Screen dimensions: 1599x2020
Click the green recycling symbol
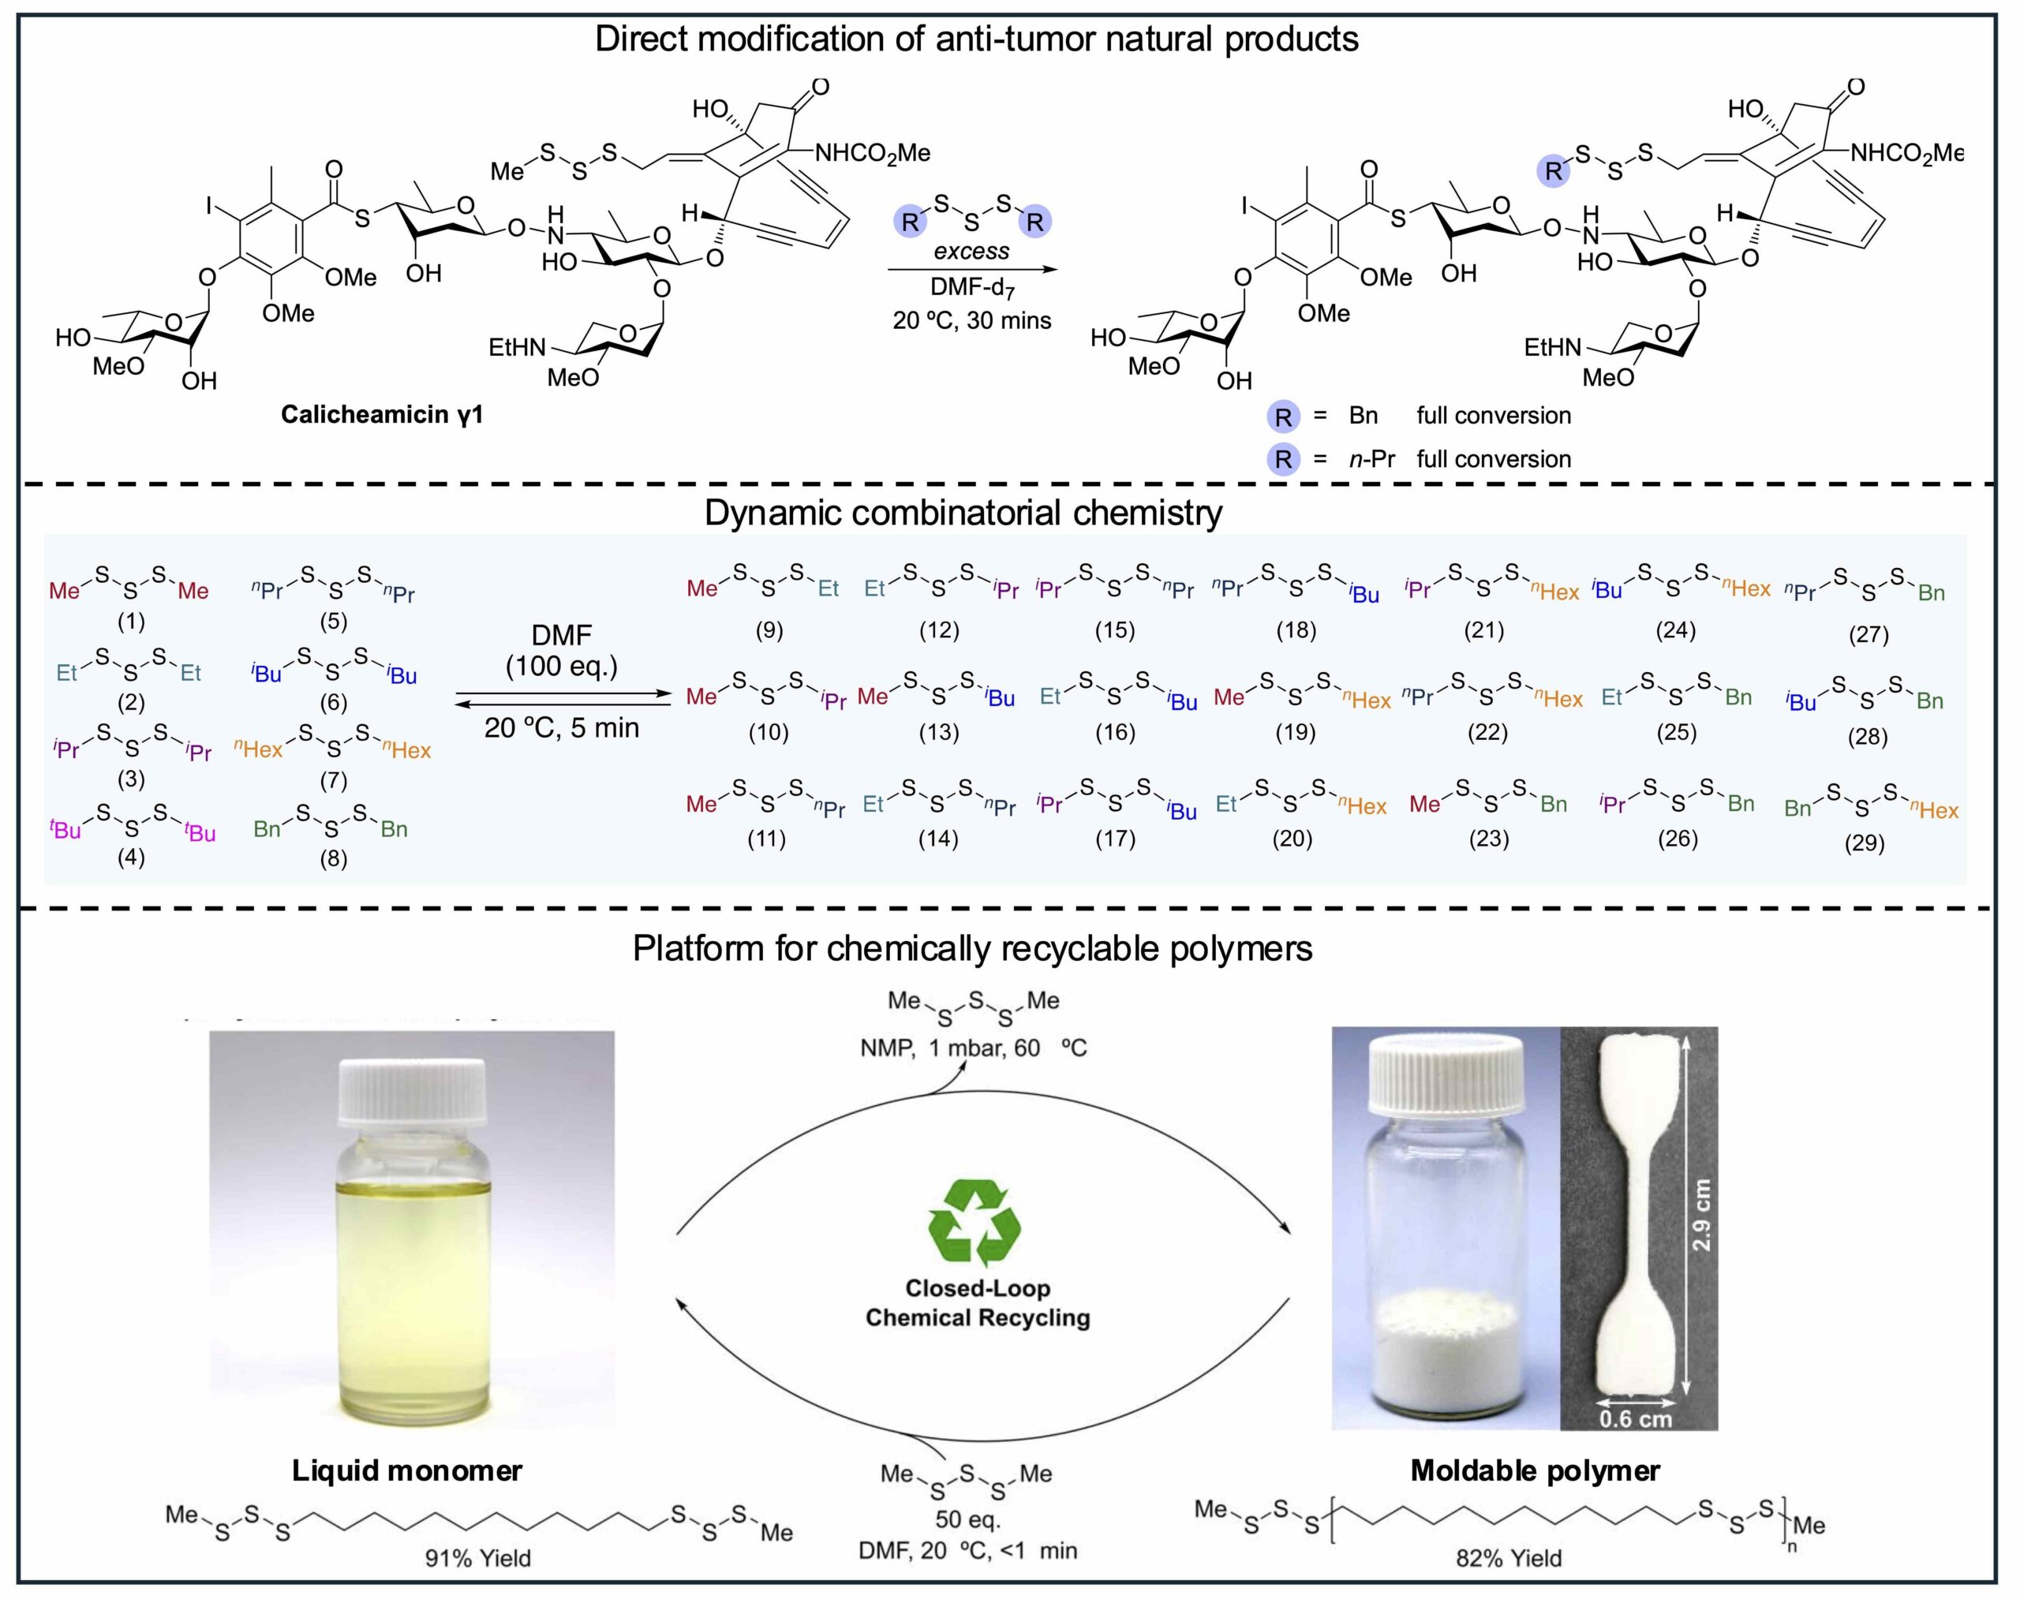[974, 1224]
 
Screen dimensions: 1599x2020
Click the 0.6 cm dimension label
[1635, 1419]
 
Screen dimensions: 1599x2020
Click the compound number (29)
[1864, 842]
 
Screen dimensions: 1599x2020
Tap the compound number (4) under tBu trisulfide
[130, 857]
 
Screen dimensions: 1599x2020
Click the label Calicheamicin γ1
[382, 415]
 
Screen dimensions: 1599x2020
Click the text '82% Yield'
[1508, 1558]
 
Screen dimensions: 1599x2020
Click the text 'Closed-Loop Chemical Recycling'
[978, 1302]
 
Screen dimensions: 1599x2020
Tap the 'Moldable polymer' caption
[1535, 1470]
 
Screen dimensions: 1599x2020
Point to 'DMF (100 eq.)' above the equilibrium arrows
[562, 651]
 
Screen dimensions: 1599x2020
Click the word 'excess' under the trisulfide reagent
[971, 251]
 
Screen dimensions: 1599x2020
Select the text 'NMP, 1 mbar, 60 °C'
[973, 1048]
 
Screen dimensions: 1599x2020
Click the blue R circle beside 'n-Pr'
[1283, 459]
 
